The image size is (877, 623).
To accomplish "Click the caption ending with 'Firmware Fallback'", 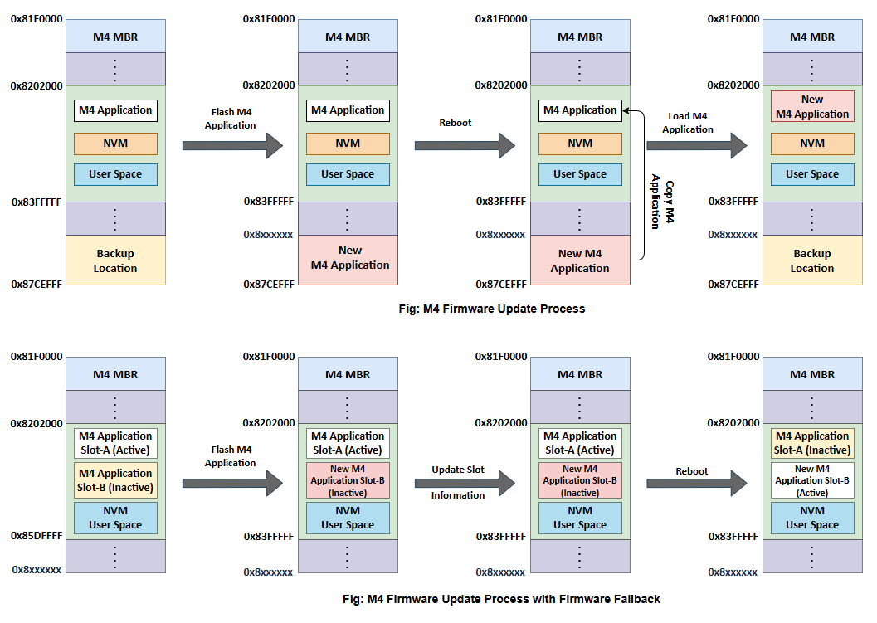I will [501, 598].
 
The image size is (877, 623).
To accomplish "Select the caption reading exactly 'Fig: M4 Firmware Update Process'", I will [491, 309].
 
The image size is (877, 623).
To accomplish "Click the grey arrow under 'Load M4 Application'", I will [696, 146].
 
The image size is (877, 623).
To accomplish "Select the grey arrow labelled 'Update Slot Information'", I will [465, 483].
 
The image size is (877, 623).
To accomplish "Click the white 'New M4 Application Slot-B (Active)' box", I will [812, 480].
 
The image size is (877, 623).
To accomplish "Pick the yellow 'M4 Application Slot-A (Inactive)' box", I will [812, 443].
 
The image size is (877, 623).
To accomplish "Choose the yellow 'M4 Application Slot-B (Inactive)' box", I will [115, 480].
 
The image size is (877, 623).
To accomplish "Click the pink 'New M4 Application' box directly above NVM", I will [812, 106].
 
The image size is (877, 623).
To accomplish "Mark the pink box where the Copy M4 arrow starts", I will [580, 260].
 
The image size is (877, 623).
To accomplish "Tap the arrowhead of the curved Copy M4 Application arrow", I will [626, 110].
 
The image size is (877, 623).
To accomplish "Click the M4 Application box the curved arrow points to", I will [580, 110].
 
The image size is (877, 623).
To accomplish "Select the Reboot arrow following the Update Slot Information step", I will [696, 483].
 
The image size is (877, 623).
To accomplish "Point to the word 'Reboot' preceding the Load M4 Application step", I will [455, 123].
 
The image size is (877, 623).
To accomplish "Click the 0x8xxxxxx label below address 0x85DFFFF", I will [37, 570].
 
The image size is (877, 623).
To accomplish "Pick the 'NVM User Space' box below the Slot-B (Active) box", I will [812, 518].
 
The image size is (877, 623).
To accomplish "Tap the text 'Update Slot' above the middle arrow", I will [458, 470].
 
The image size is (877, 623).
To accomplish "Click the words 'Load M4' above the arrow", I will [687, 117].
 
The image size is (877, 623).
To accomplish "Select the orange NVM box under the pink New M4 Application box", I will [812, 144].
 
